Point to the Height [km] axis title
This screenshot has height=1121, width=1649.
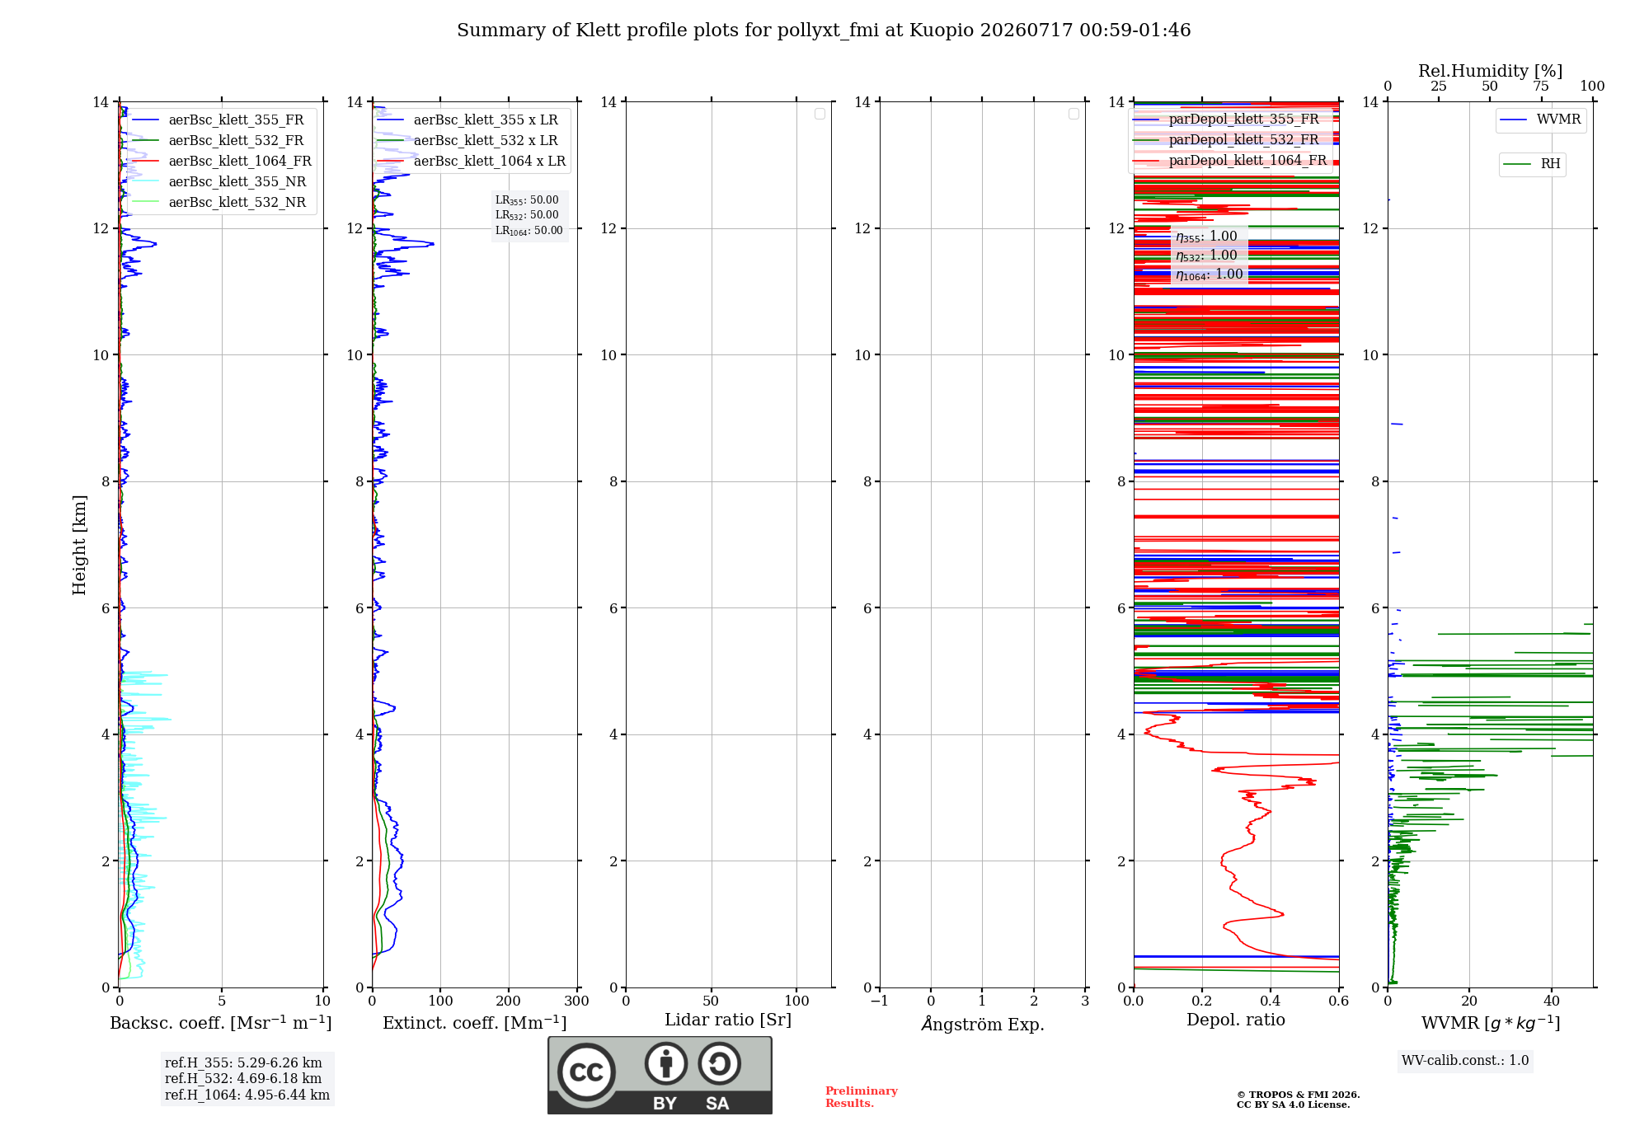point(79,545)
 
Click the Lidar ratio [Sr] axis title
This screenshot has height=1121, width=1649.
point(728,1020)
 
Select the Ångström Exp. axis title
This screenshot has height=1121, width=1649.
point(983,1024)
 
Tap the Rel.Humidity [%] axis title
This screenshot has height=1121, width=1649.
point(1490,71)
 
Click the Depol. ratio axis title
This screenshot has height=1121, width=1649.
point(1236,1020)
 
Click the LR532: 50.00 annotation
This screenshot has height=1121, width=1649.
point(527,215)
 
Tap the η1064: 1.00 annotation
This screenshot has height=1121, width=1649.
point(1210,274)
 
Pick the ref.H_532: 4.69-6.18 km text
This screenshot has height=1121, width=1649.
point(243,1078)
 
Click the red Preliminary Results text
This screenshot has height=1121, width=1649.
point(862,1097)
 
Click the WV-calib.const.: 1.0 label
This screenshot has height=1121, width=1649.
point(1465,1061)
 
